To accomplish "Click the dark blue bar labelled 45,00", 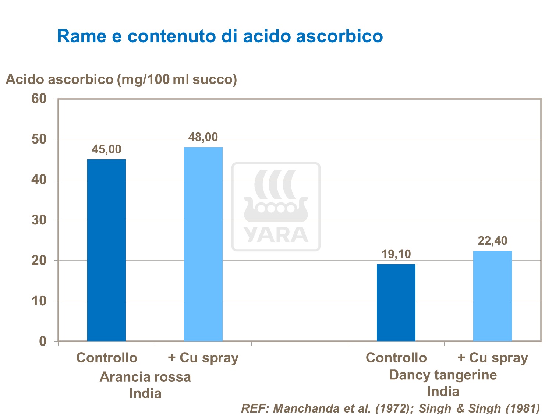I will [x=106, y=250].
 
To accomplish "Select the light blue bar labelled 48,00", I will [x=203, y=244].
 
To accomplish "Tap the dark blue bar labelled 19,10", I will [x=396, y=302].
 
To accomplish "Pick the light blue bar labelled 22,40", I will [x=492, y=296].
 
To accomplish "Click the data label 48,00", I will [x=203, y=137].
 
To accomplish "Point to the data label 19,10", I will [x=396, y=254].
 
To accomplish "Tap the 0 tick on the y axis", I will [x=43, y=342].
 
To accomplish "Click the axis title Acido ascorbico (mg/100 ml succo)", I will [x=121, y=79].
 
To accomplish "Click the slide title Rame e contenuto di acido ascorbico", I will [x=220, y=36].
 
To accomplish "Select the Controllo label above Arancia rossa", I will [x=107, y=358].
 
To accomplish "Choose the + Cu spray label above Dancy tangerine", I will [x=492, y=358].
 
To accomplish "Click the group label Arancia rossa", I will [x=145, y=377].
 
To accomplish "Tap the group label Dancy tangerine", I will [x=443, y=375].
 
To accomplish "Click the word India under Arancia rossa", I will [x=145, y=393].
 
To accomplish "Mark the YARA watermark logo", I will [x=276, y=207].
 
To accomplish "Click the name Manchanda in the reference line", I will [x=303, y=408].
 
